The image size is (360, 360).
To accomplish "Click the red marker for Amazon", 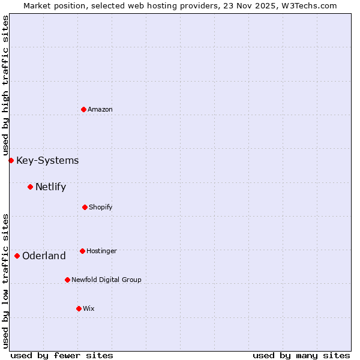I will pos(84,109).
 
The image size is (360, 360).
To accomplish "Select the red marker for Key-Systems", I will pos(11,160).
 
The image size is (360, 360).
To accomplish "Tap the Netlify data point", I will pos(30,187).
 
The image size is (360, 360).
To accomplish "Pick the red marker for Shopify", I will pos(85,207).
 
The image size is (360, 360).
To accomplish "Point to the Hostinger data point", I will pos(82,251).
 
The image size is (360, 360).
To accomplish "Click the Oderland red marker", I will pos(17,256).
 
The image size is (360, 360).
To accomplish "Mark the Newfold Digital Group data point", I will pos(67,280).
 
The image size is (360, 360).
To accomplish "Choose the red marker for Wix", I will pos(79,308).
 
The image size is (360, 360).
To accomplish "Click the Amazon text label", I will pos(100,109).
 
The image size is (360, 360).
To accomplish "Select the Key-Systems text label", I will pos(47,160).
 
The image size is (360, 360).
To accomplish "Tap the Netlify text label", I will pos(50,187).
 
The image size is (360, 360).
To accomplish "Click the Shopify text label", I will pos(101,207).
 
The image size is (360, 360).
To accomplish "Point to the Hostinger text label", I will pos(101,251).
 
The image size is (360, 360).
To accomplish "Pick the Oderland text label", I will pos(44,256).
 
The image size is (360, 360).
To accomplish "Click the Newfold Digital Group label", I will pos(106,280).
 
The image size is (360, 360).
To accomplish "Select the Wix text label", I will pos(89,308).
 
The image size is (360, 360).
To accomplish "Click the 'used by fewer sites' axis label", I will pos(62,355).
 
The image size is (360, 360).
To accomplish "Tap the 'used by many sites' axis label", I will pos(301,355).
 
